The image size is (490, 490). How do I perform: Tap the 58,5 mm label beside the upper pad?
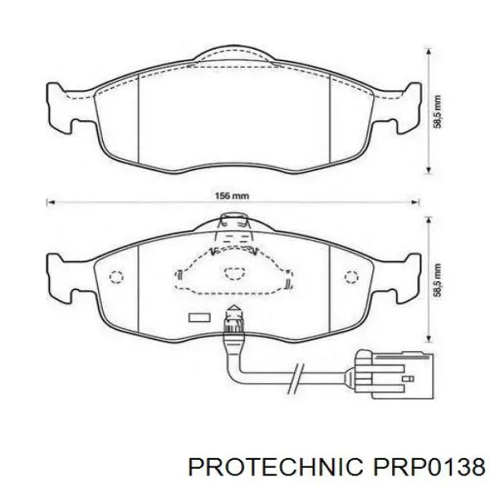[x=439, y=110]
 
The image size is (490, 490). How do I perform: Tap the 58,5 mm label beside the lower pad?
[x=439, y=280]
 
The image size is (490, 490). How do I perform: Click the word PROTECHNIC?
[x=271, y=466]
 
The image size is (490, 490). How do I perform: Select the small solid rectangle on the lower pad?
[x=198, y=317]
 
